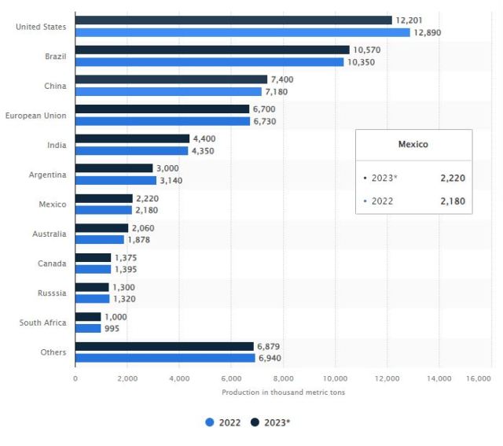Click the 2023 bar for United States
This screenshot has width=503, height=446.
pyautogui.click(x=233, y=20)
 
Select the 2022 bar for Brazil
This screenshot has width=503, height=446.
pyautogui.click(x=209, y=61)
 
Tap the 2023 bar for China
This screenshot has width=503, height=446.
pyautogui.click(x=171, y=79)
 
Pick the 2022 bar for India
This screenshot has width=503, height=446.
pyautogui.click(x=131, y=150)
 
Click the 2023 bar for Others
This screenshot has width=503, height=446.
pyautogui.click(x=164, y=346)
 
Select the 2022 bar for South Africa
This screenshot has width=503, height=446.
pyautogui.click(x=88, y=328)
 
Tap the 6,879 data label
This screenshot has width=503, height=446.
pyautogui.click(x=270, y=346)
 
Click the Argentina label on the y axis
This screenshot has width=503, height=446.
pyautogui.click(x=49, y=175)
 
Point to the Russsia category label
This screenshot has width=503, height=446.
pyautogui.click(x=52, y=293)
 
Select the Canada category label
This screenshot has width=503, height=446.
pyautogui.click(x=52, y=264)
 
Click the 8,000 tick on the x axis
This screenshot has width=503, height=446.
pyautogui.click(x=283, y=378)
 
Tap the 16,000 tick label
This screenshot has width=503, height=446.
pyautogui.click(x=478, y=378)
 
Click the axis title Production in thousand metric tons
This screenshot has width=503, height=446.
pyautogui.click(x=283, y=392)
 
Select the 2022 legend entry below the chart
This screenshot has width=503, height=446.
pyautogui.click(x=224, y=422)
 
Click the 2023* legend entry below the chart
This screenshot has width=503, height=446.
pyautogui.click(x=271, y=422)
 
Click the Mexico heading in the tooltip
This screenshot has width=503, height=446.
pyautogui.click(x=413, y=145)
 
